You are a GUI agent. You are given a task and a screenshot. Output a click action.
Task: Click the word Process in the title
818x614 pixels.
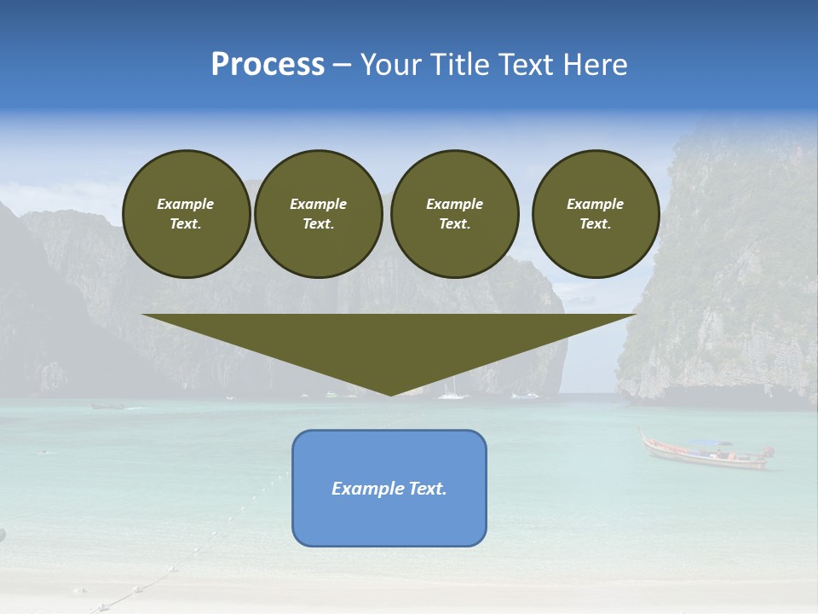[268, 64]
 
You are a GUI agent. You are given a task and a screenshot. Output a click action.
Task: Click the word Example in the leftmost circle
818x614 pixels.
[186, 204]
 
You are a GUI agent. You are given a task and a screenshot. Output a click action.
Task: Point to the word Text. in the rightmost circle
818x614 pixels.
[596, 223]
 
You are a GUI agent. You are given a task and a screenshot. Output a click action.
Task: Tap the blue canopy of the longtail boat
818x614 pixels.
[711, 443]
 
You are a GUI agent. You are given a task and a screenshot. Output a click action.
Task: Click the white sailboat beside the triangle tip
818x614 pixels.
[452, 392]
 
